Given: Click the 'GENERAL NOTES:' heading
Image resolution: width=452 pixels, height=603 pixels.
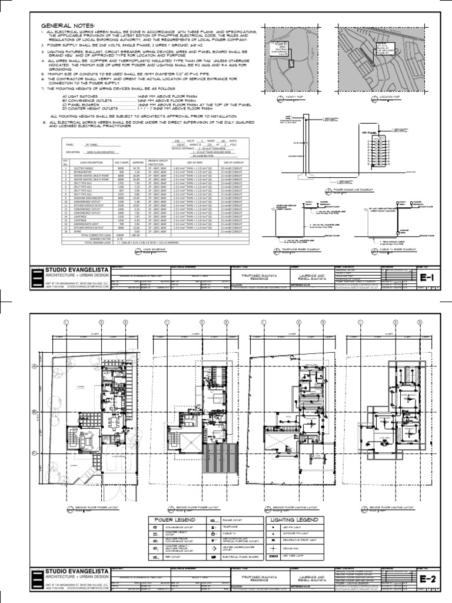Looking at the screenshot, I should coord(66,26).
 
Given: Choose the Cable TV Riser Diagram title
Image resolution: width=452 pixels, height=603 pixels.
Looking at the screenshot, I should coord(381,250).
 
